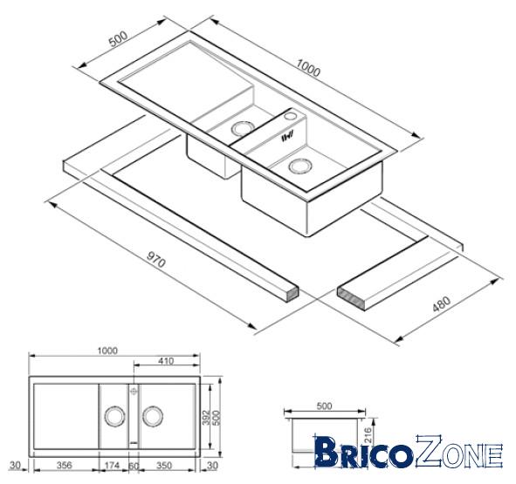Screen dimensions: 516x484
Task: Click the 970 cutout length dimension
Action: click(x=155, y=259)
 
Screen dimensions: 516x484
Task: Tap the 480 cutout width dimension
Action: click(x=441, y=304)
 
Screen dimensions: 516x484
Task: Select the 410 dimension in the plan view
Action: click(x=166, y=361)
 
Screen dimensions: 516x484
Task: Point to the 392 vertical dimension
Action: click(x=206, y=417)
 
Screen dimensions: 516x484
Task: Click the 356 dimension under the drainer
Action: click(x=64, y=466)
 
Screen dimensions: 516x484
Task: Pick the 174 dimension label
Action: click(x=112, y=466)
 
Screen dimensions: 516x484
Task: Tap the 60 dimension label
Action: click(x=134, y=466)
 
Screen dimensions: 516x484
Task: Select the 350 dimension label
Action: click(x=164, y=466)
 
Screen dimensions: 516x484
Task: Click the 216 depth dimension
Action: click(x=368, y=434)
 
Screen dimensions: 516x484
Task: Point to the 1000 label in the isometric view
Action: click(x=307, y=67)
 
